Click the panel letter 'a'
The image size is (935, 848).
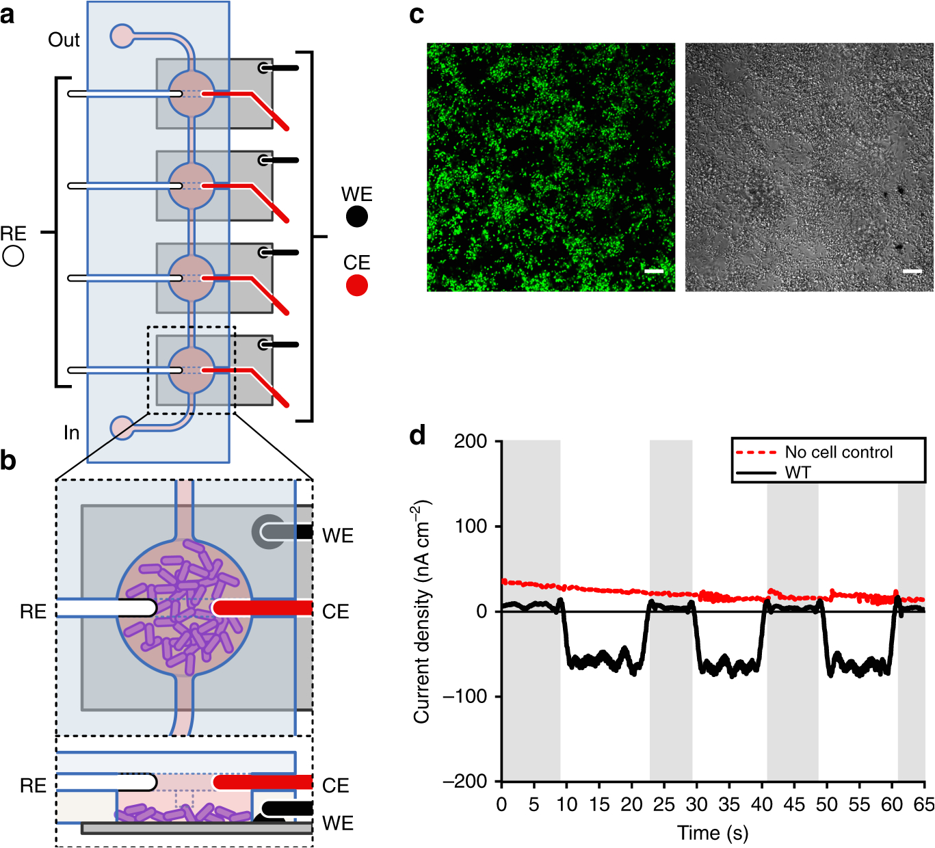point(8,15)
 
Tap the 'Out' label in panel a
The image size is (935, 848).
point(64,40)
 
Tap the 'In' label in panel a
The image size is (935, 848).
point(71,433)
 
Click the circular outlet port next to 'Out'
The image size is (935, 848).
point(122,36)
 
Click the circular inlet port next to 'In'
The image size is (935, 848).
point(122,428)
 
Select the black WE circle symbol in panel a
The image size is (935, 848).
point(356,217)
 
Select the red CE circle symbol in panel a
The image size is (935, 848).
point(356,285)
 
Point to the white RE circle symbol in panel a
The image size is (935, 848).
point(13,256)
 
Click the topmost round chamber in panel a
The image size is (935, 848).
point(192,94)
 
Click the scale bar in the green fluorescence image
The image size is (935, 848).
point(654,271)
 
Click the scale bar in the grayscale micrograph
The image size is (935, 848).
point(912,271)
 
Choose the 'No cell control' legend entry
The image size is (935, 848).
point(838,452)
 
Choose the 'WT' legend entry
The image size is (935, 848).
point(798,473)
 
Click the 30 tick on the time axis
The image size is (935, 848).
point(696,804)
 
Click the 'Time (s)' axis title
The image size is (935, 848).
point(713,832)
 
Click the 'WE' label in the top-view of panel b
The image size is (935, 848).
point(338,535)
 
